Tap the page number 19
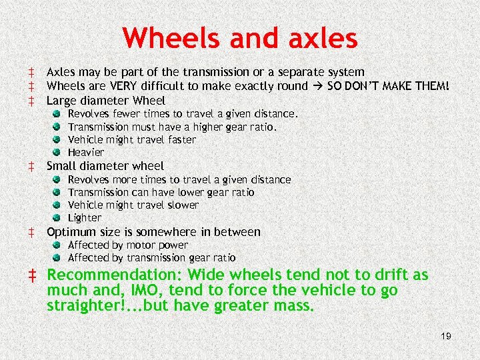tap(445, 336)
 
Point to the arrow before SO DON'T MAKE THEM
tap(317, 86)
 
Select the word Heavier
tap(86, 153)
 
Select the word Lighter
tap(85, 218)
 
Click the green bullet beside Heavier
tap(59, 153)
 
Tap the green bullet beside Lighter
tap(59, 218)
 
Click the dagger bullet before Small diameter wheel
tap(31, 166)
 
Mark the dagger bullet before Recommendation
tap(32, 275)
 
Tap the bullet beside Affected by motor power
tap(59, 245)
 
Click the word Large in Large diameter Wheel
tap(61, 101)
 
